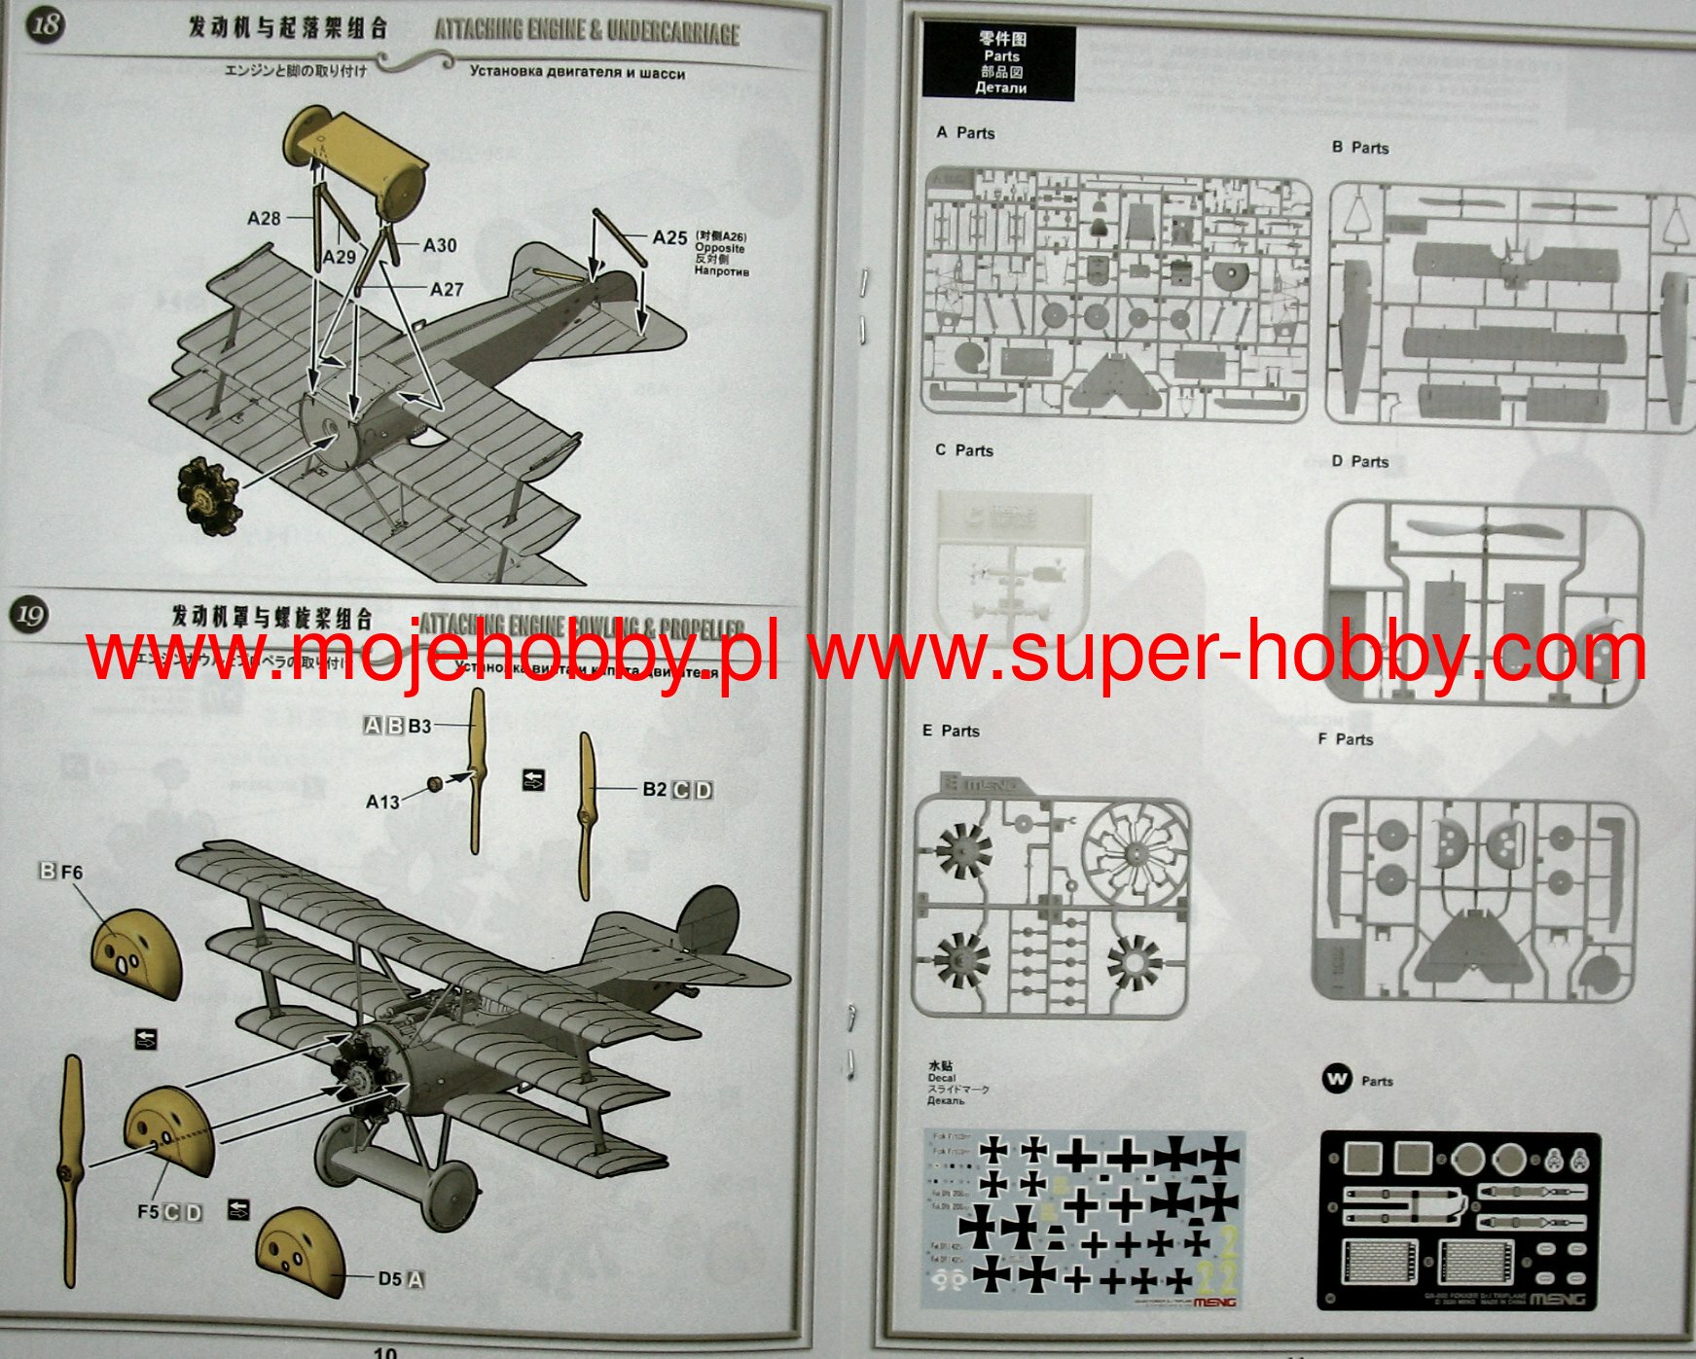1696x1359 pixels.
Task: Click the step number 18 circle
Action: [x=45, y=23]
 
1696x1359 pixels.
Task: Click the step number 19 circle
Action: [x=30, y=615]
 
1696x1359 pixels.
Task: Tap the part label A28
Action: [x=264, y=218]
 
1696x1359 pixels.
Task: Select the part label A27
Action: [x=447, y=289]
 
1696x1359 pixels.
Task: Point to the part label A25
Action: [x=669, y=237]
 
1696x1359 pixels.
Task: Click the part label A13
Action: [x=382, y=802]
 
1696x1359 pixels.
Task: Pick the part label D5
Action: [x=389, y=1278]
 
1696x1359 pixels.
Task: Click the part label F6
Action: [x=72, y=872]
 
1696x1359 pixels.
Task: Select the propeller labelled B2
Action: [x=586, y=815]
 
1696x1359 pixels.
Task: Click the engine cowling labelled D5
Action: [x=300, y=1253]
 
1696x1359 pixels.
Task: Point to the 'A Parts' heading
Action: [x=965, y=133]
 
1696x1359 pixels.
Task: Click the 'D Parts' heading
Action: [x=1359, y=461]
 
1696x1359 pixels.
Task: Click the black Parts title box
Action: [x=999, y=63]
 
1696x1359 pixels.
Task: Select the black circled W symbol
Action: [x=1338, y=1079]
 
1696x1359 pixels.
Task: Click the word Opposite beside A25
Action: [x=720, y=249]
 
